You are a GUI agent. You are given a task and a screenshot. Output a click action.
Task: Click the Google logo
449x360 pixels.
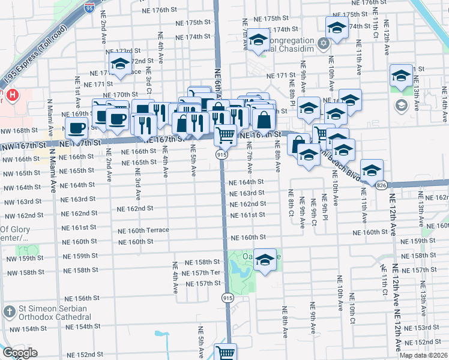click(20, 353)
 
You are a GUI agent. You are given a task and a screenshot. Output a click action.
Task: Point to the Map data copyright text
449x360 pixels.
click(423, 355)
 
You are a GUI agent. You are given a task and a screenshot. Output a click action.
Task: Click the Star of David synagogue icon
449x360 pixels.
click(324, 43)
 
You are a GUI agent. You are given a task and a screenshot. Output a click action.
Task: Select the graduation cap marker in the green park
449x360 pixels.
click(264, 260)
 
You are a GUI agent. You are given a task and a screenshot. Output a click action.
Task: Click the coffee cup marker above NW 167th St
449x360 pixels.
click(77, 128)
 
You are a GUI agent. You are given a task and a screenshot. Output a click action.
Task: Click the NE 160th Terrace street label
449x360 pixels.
click(143, 231)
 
